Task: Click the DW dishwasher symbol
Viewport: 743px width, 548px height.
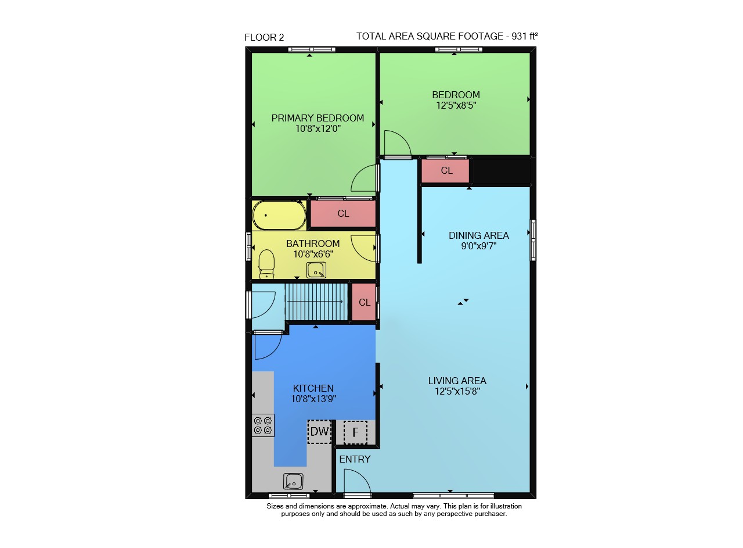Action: (319, 432)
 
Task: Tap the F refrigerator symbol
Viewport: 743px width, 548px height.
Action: (355, 432)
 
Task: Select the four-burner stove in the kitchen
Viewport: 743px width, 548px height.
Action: (263, 425)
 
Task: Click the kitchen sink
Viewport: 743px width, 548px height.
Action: (293, 481)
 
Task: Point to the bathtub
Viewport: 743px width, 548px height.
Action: (279, 215)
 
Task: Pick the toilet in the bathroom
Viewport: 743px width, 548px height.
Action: (266, 264)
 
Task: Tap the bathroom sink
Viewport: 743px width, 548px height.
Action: (316, 270)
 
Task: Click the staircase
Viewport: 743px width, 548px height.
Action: (316, 302)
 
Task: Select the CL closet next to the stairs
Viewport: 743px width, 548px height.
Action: (364, 302)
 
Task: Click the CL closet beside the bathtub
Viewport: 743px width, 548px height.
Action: (343, 213)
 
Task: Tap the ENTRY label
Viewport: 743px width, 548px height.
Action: (355, 459)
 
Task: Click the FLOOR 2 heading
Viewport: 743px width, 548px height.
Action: (264, 38)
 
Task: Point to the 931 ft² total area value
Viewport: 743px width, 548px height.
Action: (524, 36)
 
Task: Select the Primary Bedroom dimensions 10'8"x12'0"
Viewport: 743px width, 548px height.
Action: (318, 128)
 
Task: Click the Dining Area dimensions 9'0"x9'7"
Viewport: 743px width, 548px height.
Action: (478, 246)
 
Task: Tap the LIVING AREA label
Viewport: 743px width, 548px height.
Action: (457, 381)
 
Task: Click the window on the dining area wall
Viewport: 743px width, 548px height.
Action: (533, 240)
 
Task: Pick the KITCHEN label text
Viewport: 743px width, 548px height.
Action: (313, 388)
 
